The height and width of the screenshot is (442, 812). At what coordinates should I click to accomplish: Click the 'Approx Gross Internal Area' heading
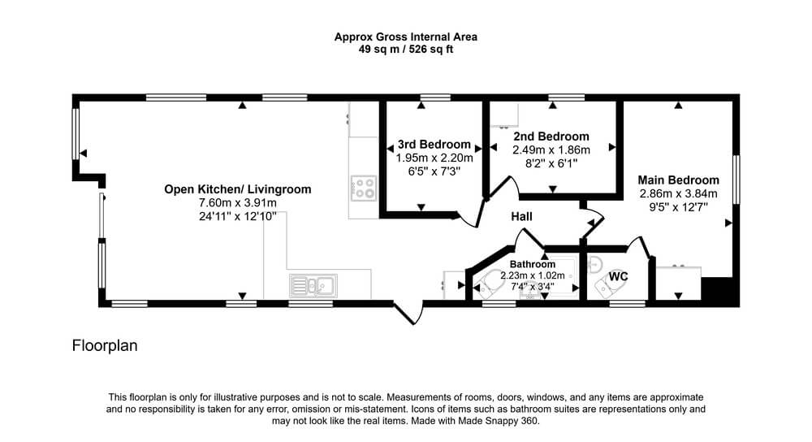click(x=405, y=37)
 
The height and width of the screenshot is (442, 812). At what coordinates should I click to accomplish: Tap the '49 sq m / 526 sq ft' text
click(x=405, y=50)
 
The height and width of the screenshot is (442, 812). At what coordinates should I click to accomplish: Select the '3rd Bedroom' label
click(x=434, y=145)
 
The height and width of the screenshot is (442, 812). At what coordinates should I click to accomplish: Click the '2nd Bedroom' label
click(x=551, y=136)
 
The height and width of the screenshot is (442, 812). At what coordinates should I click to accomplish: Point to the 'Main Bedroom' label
click(x=678, y=180)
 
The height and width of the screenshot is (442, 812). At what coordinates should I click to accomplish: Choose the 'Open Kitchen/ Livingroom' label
click(x=238, y=189)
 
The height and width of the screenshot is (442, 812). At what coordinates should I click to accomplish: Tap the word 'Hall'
click(x=521, y=217)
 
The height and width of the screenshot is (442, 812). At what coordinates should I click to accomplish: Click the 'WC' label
click(x=618, y=276)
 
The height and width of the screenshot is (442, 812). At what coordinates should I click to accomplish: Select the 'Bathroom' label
click(x=533, y=264)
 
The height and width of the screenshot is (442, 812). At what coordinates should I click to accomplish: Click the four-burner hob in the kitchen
click(x=364, y=188)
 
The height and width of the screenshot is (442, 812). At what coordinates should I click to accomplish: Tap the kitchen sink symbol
click(x=313, y=285)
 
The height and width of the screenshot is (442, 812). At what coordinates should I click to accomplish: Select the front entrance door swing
click(x=409, y=313)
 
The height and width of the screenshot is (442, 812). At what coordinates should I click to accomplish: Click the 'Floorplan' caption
click(x=105, y=345)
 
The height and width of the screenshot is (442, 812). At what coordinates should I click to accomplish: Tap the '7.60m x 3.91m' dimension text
click(x=238, y=202)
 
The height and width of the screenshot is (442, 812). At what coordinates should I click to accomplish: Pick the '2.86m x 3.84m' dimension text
click(x=678, y=194)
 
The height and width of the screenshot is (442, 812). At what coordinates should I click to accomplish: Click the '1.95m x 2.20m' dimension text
click(x=434, y=158)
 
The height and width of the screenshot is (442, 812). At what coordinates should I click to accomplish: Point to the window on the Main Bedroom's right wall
click(x=736, y=179)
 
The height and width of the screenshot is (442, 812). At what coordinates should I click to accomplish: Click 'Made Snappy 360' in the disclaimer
click(x=499, y=421)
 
